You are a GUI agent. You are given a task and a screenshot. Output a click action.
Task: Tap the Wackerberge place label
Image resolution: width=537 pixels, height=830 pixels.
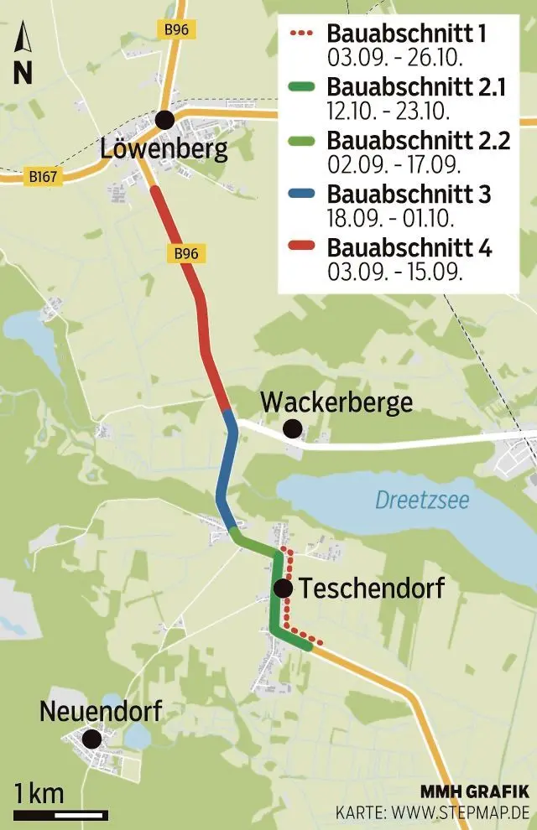click(336, 402)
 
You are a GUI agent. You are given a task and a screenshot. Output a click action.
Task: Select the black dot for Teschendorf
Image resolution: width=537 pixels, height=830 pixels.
click(283, 589)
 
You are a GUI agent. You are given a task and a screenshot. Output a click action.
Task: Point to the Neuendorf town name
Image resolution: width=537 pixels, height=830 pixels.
click(100, 712)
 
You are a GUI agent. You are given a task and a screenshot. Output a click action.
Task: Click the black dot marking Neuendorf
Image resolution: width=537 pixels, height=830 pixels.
click(91, 739)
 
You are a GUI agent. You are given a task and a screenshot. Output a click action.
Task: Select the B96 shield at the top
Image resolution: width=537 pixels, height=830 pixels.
click(175, 29)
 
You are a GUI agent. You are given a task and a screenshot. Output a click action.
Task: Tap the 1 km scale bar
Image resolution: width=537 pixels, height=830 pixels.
click(60, 813)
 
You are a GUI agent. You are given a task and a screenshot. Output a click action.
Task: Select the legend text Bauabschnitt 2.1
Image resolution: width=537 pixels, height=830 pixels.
click(416, 87)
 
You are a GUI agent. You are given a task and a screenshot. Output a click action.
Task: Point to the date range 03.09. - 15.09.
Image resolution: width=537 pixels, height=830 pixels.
click(395, 272)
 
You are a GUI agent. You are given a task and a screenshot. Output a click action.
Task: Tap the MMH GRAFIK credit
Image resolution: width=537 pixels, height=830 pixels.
click(475, 791)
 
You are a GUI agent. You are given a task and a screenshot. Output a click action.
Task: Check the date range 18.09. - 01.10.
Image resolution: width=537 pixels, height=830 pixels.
click(390, 219)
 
